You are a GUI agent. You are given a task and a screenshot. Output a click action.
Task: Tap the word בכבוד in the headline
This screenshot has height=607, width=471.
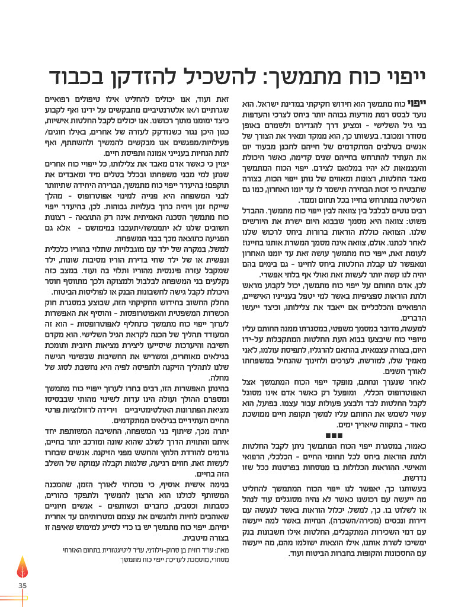pyautogui.click(x=77, y=76)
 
